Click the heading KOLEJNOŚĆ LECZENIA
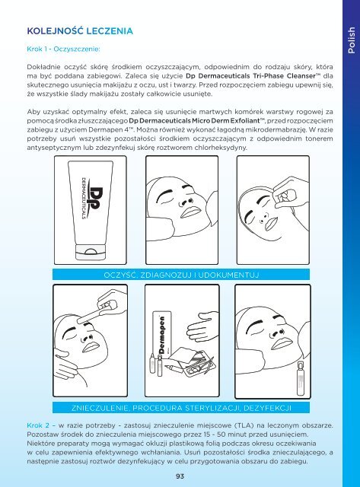(x=80, y=31)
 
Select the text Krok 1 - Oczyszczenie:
(x=63, y=49)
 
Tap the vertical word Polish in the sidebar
(x=352, y=40)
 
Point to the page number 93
(x=180, y=476)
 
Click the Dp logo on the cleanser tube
(x=94, y=199)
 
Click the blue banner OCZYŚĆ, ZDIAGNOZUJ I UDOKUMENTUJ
(x=181, y=275)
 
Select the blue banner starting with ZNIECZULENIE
(x=181, y=408)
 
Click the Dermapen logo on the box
(x=161, y=335)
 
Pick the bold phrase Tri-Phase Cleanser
(x=286, y=76)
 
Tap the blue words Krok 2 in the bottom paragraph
(x=38, y=425)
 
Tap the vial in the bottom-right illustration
(x=301, y=379)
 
